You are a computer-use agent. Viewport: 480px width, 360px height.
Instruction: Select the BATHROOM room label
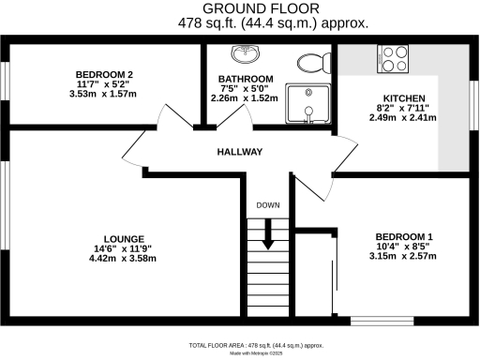[x=246, y=79]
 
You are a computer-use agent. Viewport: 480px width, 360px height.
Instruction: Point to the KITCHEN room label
[x=405, y=98]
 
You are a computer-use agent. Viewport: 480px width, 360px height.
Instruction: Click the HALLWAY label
[x=240, y=152]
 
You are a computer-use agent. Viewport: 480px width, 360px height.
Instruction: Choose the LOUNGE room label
[x=124, y=237]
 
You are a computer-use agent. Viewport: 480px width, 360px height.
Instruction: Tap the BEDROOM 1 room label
[x=404, y=236]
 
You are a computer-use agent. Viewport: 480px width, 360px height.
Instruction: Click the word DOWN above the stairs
[x=268, y=205]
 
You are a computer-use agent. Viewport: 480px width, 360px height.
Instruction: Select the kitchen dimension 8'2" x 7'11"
[x=405, y=109]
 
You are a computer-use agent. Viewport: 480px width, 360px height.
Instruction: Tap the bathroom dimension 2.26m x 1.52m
[x=246, y=98]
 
